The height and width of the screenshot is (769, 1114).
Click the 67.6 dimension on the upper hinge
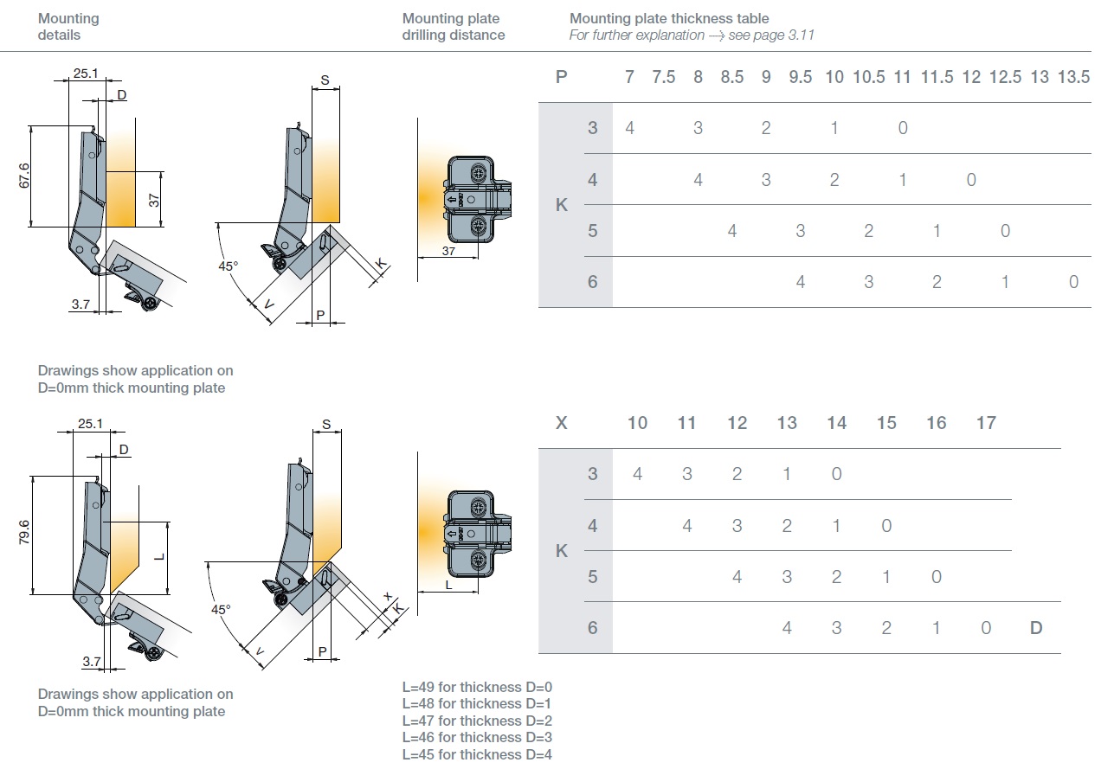24,176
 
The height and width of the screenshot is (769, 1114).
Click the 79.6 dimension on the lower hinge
24,534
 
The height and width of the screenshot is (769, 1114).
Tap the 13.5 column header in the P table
1073,77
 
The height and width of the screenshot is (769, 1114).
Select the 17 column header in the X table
986,423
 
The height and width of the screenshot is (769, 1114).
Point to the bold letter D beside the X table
1036,628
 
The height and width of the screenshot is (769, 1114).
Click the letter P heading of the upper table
562,77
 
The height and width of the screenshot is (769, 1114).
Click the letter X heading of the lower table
562,423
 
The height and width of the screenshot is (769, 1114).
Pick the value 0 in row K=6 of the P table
1073,282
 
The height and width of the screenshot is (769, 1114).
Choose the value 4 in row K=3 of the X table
637,474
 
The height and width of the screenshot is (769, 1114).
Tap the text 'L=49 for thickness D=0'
477,687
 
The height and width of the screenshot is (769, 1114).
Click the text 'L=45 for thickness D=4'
477,754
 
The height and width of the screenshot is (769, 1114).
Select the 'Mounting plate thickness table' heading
669,18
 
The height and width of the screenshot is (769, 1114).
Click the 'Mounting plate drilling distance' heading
453,27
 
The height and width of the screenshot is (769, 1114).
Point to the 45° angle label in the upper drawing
228,266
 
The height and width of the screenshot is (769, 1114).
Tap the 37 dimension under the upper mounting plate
448,251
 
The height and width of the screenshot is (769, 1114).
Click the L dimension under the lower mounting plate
448,585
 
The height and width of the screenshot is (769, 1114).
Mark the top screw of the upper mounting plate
478,174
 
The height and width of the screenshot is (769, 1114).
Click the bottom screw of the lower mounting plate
478,561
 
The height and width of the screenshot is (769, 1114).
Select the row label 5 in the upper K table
593,231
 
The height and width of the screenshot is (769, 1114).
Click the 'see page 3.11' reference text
776,35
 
